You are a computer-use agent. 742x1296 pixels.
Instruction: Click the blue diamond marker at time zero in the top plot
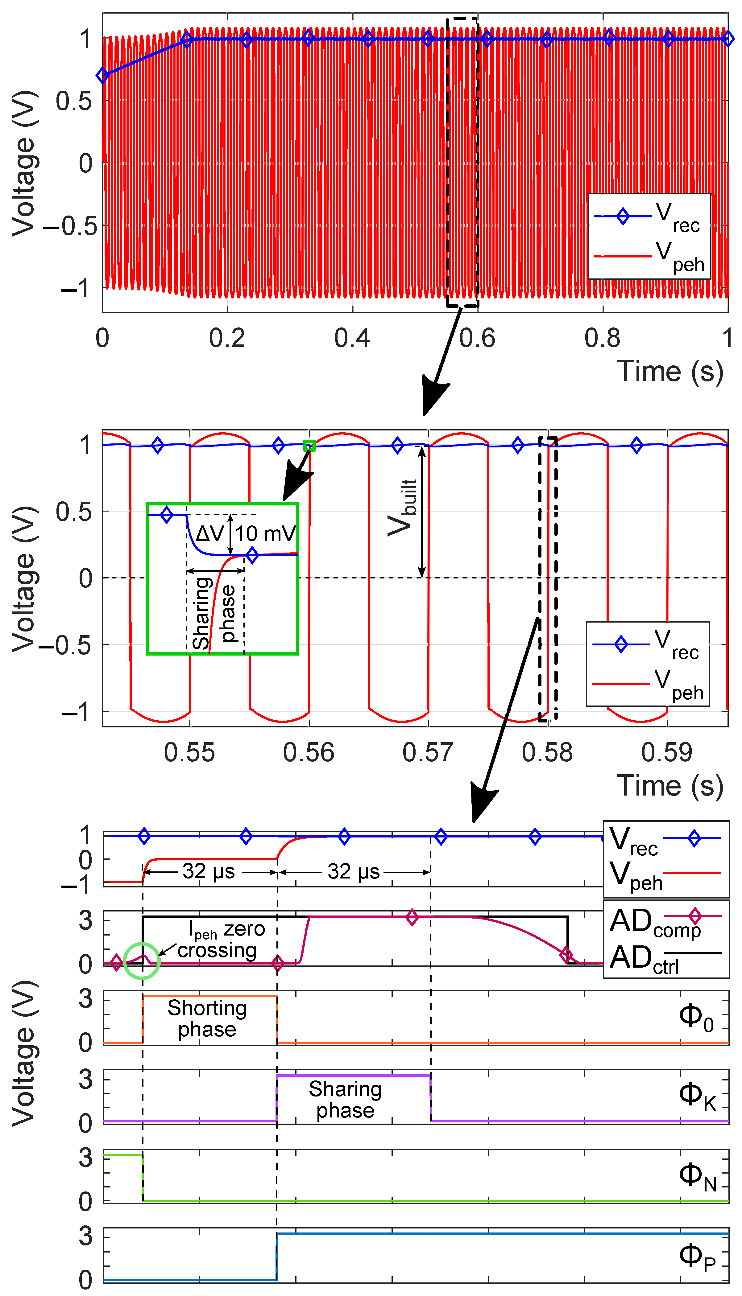pos(102,75)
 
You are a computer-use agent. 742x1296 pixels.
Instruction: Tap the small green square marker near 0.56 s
pos(309,446)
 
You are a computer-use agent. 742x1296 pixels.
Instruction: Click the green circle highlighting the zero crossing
pos(142,961)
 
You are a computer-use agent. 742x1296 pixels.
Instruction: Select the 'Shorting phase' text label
pos(207,1018)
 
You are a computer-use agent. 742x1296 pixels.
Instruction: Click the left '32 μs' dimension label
pos(209,871)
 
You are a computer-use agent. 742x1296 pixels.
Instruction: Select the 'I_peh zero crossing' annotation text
pos(222,940)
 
